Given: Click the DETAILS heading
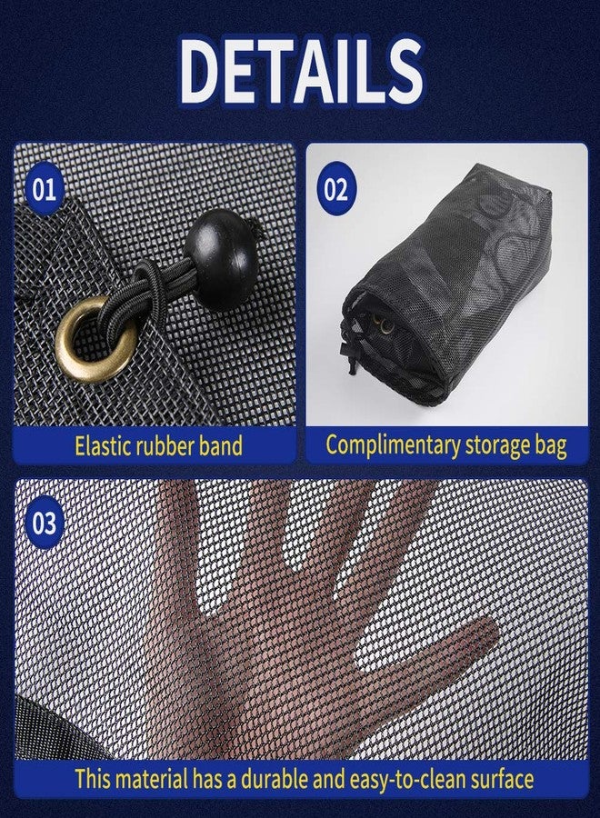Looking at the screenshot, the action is [302, 69].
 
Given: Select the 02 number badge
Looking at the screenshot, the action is [335, 189].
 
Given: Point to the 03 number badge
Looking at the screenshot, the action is [44, 524].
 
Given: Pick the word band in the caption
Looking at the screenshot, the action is [221, 446].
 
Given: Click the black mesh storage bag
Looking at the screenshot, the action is [447, 284].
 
